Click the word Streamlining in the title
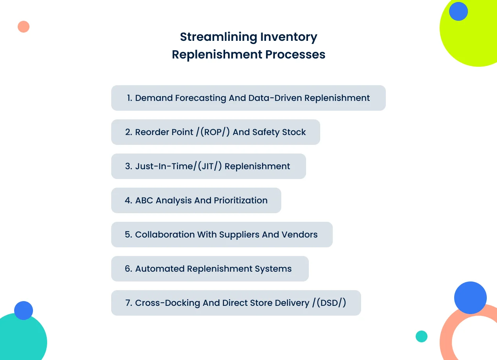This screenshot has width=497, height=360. click(x=218, y=37)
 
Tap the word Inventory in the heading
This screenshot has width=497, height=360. click(x=289, y=37)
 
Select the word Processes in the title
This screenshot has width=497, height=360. click(x=295, y=54)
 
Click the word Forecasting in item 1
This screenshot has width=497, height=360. click(x=201, y=98)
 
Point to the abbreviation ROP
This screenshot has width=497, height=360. click(x=213, y=132)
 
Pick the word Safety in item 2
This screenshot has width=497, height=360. click(x=266, y=132)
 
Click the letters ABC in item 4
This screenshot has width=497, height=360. click(x=144, y=200)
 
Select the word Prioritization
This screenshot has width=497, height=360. click(x=241, y=200)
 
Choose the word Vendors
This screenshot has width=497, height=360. click(x=299, y=234)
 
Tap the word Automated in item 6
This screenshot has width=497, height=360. click(x=160, y=269)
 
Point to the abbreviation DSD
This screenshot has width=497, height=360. click(x=329, y=303)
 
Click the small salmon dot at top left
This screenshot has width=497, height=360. click(x=24, y=27)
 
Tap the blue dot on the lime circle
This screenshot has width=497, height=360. click(x=458, y=11)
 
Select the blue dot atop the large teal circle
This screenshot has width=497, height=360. click(x=24, y=311)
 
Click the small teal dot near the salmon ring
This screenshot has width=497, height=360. click(x=422, y=336)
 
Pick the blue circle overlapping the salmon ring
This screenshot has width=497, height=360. click(x=470, y=298)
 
